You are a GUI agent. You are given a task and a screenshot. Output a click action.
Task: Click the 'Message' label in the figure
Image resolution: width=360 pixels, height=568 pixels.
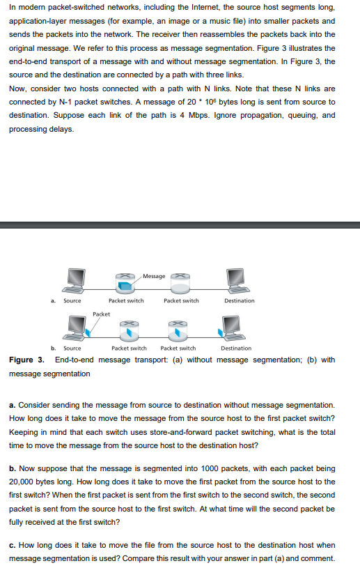tap(155, 276)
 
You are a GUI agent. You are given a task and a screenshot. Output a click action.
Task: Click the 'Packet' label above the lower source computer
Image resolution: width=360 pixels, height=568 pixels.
tap(101, 314)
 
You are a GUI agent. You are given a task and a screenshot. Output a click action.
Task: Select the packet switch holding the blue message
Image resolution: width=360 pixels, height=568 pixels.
tap(126, 282)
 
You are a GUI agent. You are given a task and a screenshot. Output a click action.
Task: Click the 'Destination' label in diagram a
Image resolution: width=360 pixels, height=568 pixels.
tap(239, 301)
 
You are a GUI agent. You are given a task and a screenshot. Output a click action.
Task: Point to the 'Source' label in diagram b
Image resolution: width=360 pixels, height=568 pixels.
tap(72, 348)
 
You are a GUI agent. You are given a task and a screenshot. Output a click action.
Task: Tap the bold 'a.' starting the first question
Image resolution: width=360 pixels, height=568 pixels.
tap(13, 404)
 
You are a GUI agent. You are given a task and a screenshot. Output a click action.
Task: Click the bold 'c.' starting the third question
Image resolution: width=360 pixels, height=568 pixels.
tap(13, 544)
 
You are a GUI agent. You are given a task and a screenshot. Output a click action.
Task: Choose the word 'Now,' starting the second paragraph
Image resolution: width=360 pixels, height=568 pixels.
tap(19, 89)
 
